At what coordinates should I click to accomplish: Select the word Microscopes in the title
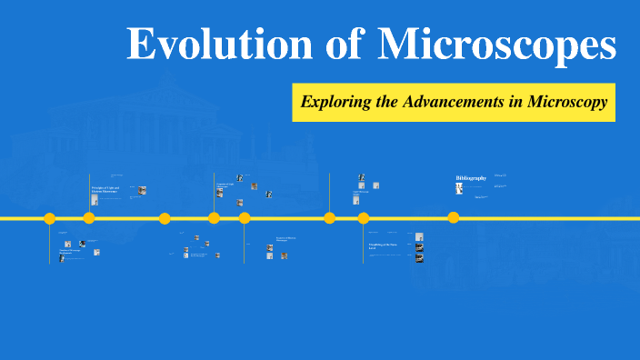pyautogui.click(x=496, y=45)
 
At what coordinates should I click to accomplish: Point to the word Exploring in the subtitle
pyautogui.click(x=335, y=103)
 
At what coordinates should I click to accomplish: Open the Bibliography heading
pyautogui.click(x=471, y=177)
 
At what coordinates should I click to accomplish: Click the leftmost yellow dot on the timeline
pyautogui.click(x=50, y=218)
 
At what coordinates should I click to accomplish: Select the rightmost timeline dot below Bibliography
pyautogui.click(x=454, y=217)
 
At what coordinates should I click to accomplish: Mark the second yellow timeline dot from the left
pyautogui.click(x=89, y=218)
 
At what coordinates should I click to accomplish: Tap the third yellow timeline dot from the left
pyautogui.click(x=165, y=218)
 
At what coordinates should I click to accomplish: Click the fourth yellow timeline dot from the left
pyautogui.click(x=214, y=218)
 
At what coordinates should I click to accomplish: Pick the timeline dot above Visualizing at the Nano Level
pyautogui.click(x=364, y=218)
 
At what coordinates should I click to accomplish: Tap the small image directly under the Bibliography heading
pyautogui.click(x=459, y=188)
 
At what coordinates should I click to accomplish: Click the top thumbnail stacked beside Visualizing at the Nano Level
pyautogui.click(x=419, y=237)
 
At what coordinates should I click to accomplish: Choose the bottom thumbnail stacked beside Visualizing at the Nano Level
pyautogui.click(x=419, y=259)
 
